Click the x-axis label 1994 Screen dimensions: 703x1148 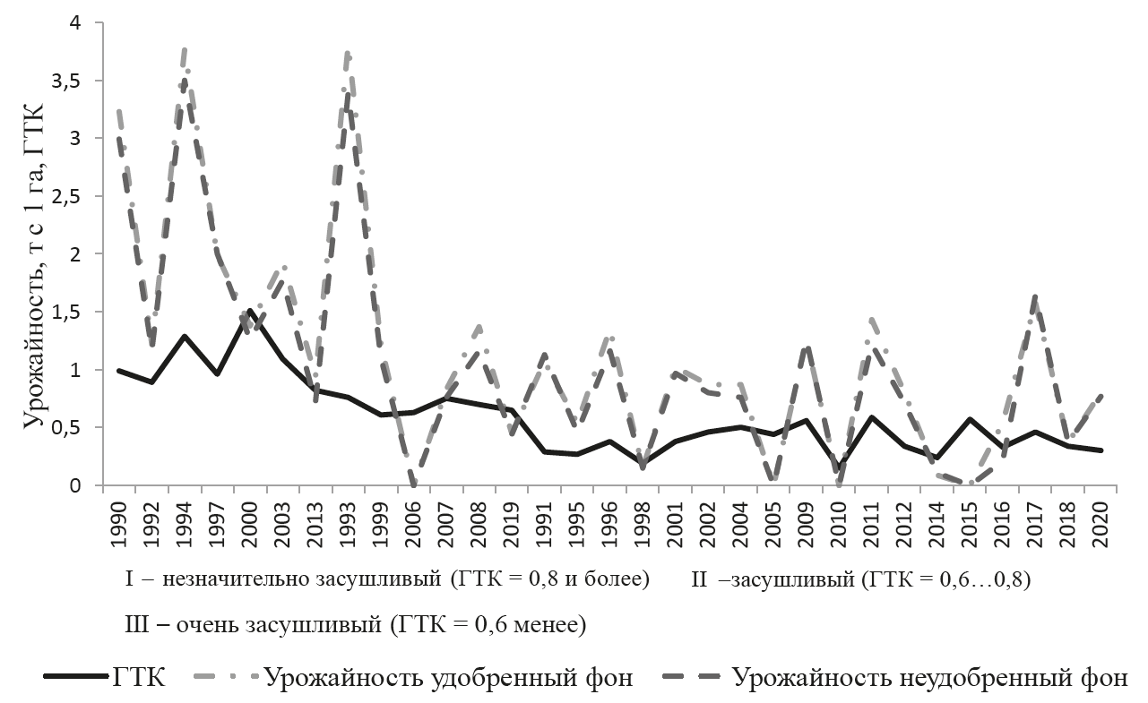[x=184, y=519]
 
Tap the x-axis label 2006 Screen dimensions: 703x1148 [x=413, y=519]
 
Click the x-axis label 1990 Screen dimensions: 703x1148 [x=118, y=519]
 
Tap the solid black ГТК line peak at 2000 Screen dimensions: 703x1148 [x=250, y=311]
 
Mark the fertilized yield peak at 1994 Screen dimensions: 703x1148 [x=184, y=50]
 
